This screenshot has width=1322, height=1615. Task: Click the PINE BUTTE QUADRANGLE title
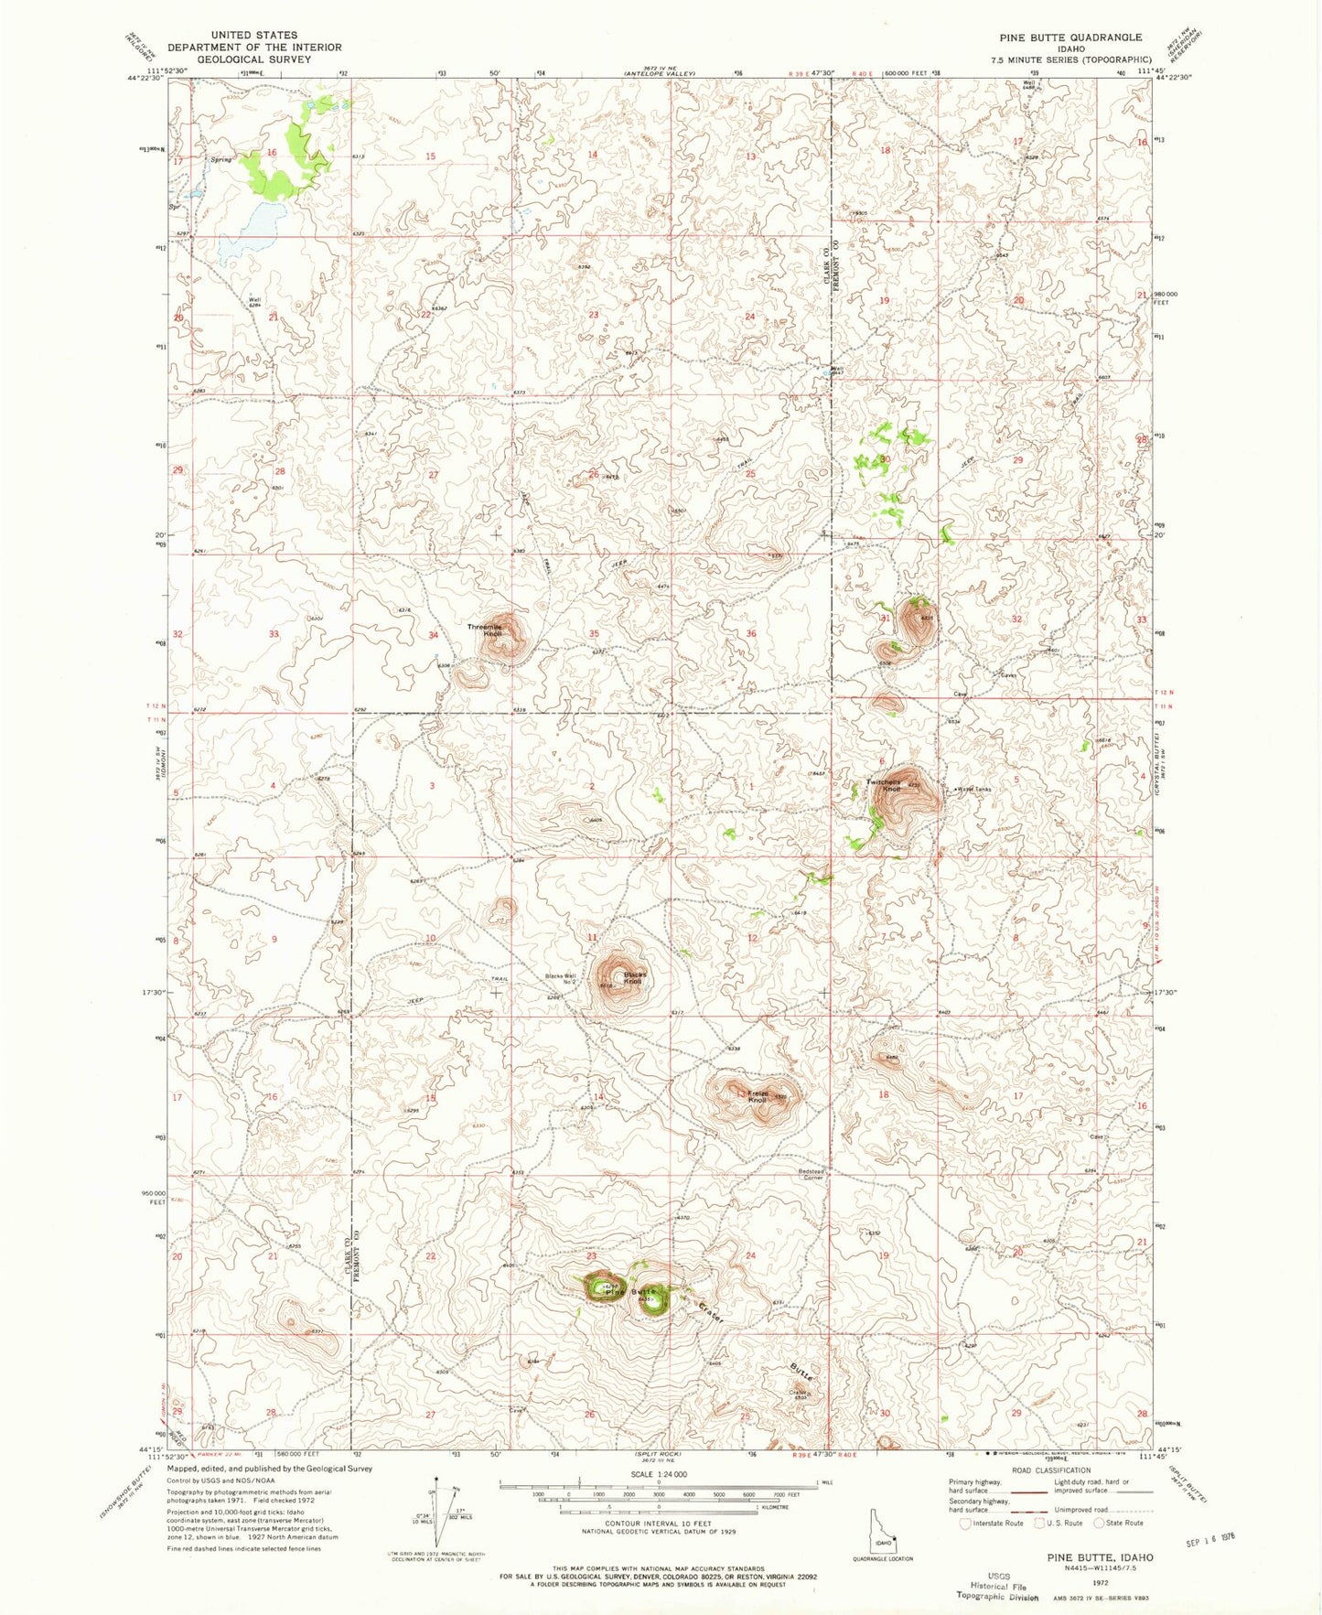(x=1072, y=38)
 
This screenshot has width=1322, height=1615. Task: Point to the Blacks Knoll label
(x=635, y=977)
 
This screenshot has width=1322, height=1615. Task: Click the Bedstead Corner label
(x=811, y=1174)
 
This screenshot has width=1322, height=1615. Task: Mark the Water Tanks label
(x=975, y=790)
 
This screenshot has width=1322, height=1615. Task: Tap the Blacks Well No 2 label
(x=561, y=978)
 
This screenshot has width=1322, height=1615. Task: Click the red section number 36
(x=751, y=633)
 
